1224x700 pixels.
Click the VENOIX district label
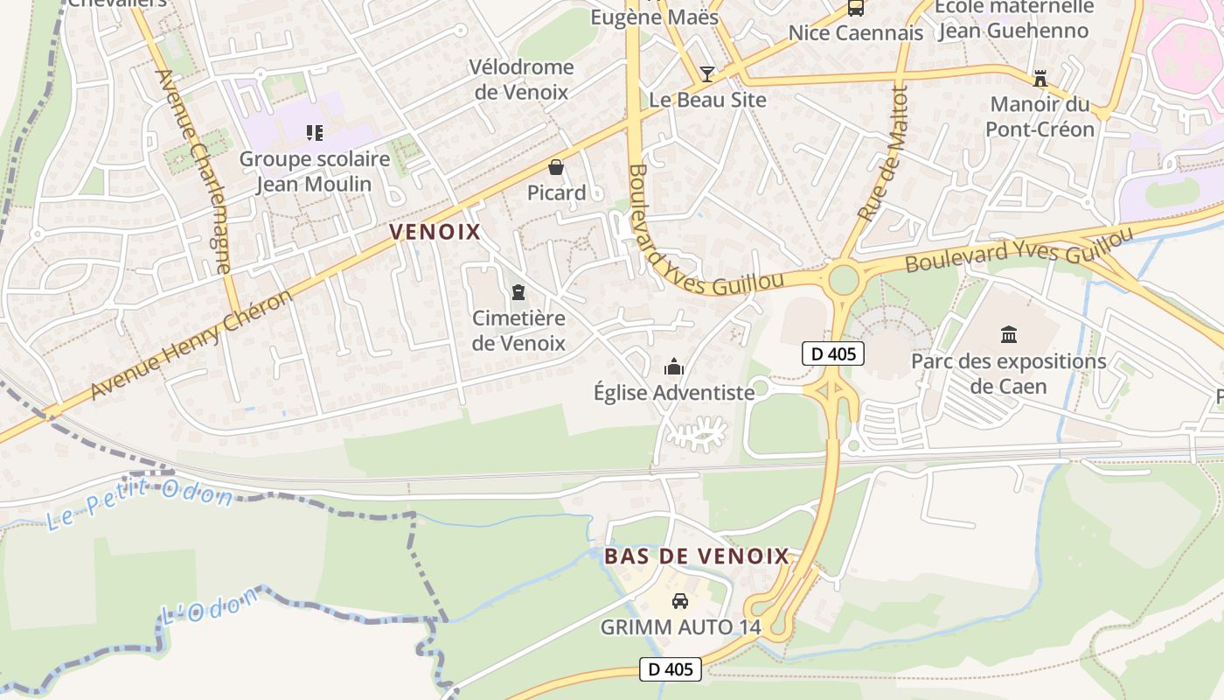pyautogui.click(x=435, y=232)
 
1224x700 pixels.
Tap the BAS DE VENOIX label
pyautogui.click(x=697, y=556)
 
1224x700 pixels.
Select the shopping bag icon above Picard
pyautogui.click(x=556, y=167)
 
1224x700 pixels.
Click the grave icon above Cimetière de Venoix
pyautogui.click(x=518, y=292)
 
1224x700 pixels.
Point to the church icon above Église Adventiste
pyautogui.click(x=673, y=367)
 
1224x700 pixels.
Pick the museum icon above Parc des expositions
pyautogui.click(x=1009, y=334)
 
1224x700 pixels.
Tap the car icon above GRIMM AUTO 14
pyautogui.click(x=679, y=601)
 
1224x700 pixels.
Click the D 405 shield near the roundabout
pyautogui.click(x=833, y=353)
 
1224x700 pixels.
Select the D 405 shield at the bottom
pyautogui.click(x=671, y=669)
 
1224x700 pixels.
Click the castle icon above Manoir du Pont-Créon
pyautogui.click(x=1040, y=79)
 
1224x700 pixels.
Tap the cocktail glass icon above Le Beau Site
pyautogui.click(x=707, y=73)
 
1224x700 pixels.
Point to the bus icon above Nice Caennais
pyautogui.click(x=855, y=9)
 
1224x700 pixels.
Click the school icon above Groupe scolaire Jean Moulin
pyautogui.click(x=314, y=133)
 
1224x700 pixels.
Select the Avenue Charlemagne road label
pyautogui.click(x=193, y=171)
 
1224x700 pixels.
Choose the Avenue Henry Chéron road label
pyautogui.click(x=192, y=345)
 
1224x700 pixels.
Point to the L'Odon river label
pyautogui.click(x=210, y=605)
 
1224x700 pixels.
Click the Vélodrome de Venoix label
pyautogui.click(x=521, y=80)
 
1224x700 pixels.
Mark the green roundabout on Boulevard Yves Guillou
pyautogui.click(x=844, y=280)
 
